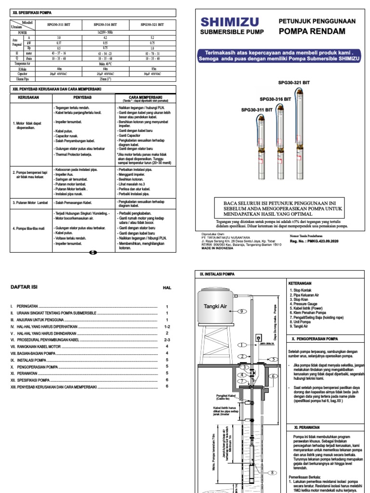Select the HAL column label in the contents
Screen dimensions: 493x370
pyautogui.click(x=167, y=287)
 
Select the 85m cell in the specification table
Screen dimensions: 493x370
pyautogui.click(x=154, y=69)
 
